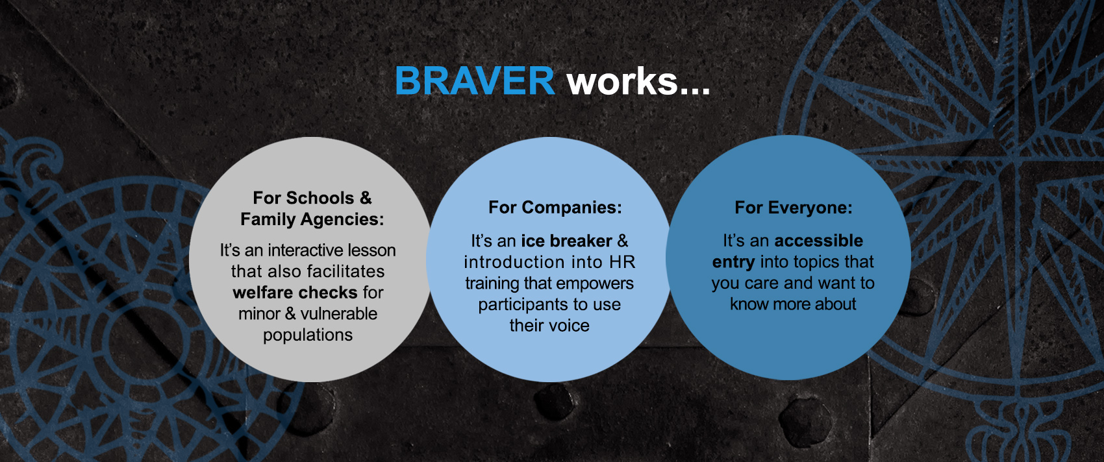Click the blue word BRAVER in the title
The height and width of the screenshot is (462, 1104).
tap(475, 80)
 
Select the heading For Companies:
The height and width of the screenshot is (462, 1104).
tap(555, 208)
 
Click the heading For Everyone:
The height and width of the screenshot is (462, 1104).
tap(794, 208)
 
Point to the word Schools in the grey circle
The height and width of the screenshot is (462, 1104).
tap(320, 197)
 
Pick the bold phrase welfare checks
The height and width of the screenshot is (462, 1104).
tap(295, 293)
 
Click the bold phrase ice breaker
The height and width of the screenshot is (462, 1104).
tap(567, 241)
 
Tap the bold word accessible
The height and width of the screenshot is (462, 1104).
tap(819, 240)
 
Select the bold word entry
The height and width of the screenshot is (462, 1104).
tap(733, 262)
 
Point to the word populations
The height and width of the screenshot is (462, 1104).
tap(308, 335)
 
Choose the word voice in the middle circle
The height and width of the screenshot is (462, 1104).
tap(570, 326)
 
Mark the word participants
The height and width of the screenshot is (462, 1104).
tap(520, 305)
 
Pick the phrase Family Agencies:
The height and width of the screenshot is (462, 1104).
tap(312, 219)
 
